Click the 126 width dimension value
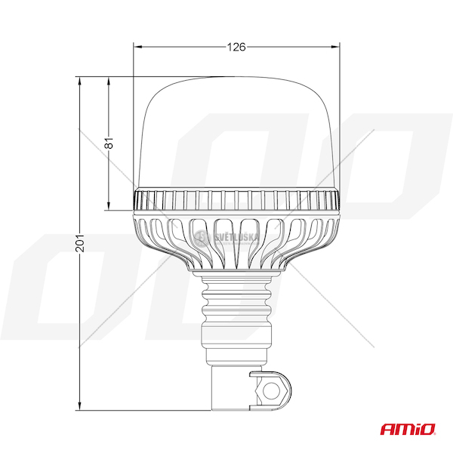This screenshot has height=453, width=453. [x=236, y=47]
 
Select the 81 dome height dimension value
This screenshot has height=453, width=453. [x=109, y=143]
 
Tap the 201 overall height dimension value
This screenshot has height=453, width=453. [x=80, y=243]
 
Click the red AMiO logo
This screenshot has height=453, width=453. [x=408, y=429]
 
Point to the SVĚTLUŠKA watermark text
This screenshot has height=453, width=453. [x=236, y=237]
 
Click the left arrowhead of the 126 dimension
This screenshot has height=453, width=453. [x=139, y=47]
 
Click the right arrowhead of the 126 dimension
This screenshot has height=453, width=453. [x=334, y=47]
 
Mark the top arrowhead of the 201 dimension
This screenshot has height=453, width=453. [x=80, y=82]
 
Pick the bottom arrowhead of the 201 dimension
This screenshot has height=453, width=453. [x=80, y=405]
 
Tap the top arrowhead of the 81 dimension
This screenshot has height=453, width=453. [x=109, y=82]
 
